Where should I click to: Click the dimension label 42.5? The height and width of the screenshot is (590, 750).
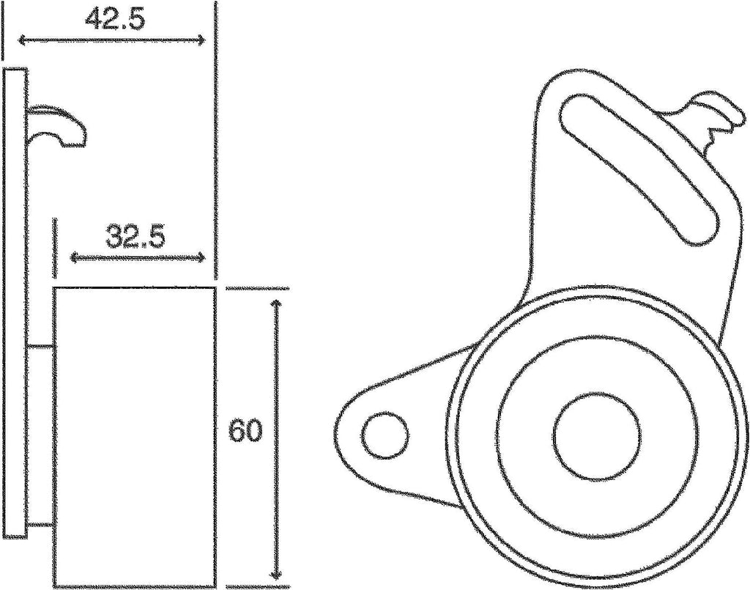click(x=114, y=18)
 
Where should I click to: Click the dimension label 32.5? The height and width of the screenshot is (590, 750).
click(x=135, y=236)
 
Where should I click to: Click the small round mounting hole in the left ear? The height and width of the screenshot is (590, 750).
click(x=385, y=436)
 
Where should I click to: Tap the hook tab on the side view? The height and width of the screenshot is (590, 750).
click(x=59, y=125)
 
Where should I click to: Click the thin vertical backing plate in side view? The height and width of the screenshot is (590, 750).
click(x=15, y=300)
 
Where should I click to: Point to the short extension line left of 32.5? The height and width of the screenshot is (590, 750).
click(x=54, y=248)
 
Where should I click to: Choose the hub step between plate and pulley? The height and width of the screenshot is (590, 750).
click(x=40, y=436)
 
